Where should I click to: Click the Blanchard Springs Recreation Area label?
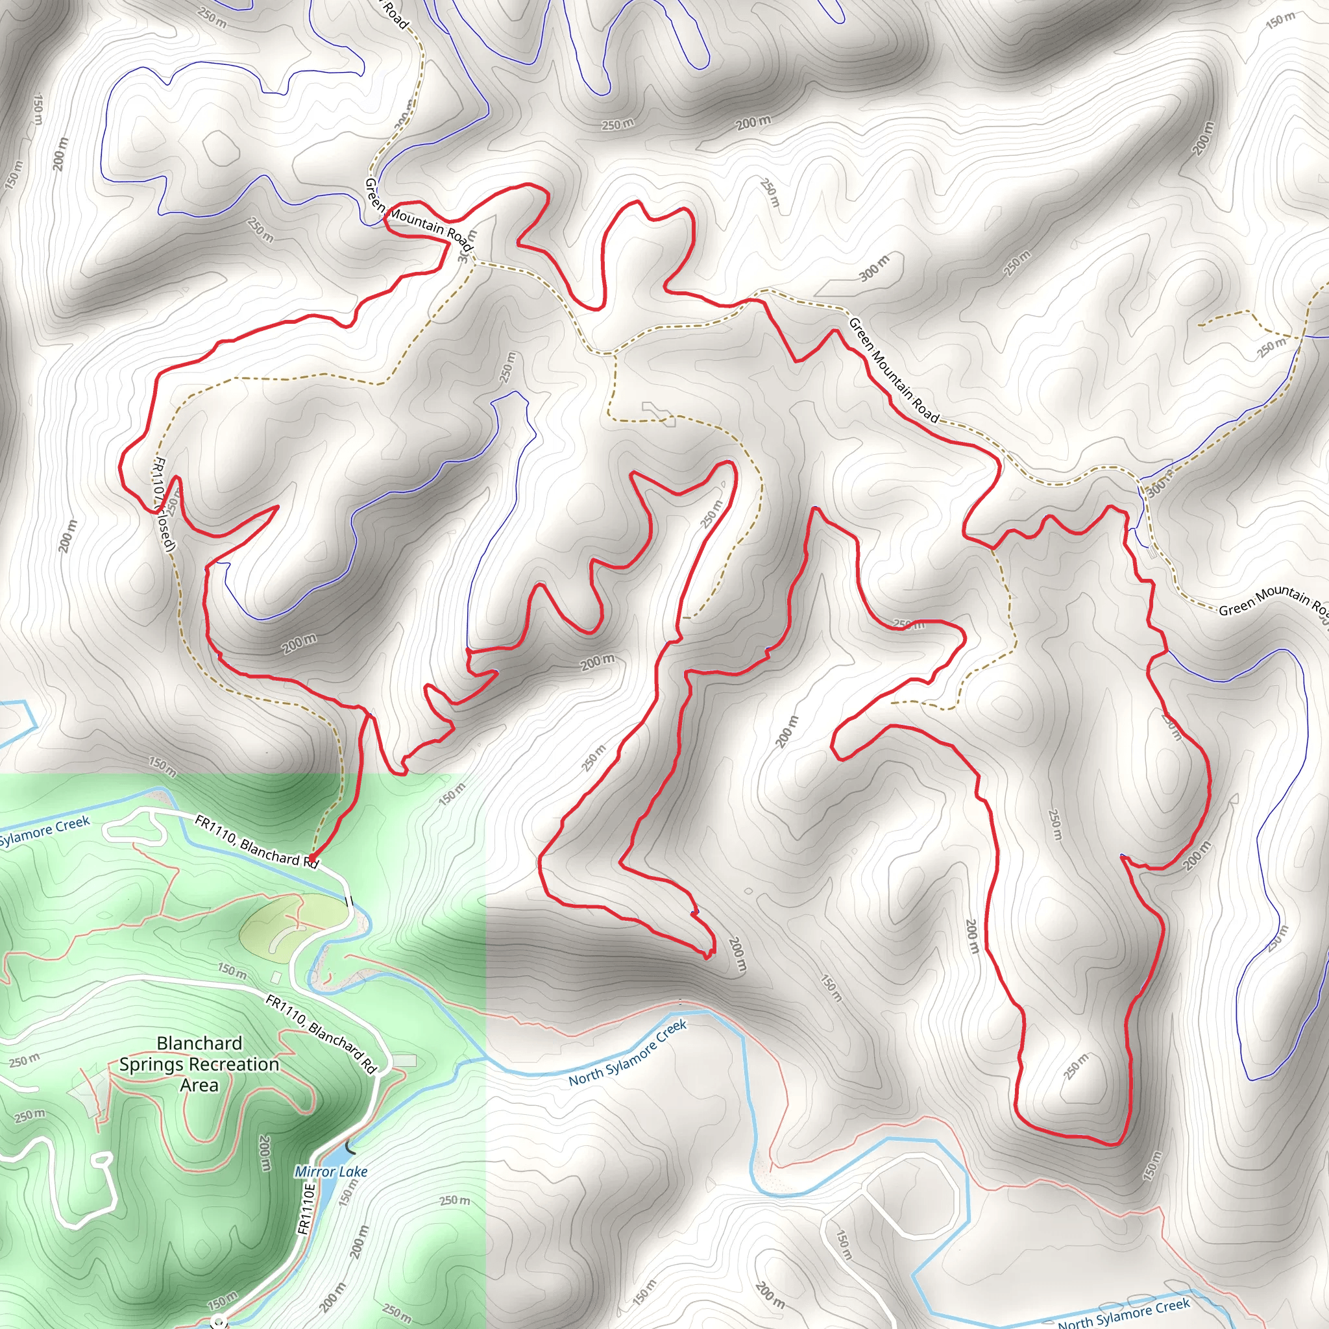[199, 1064]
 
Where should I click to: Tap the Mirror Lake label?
[331, 1171]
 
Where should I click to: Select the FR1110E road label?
[307, 1208]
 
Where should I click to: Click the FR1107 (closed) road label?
[164, 504]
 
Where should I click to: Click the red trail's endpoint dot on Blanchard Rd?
[311, 858]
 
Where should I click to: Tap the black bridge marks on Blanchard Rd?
[348, 901]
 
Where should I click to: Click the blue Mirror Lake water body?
[344, 1154]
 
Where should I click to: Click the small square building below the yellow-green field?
[276, 977]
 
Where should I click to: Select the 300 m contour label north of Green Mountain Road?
[874, 267]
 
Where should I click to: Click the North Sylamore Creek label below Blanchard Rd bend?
[628, 1053]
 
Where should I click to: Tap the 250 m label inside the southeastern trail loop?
[1076, 1066]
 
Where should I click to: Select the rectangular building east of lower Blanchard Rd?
[405, 1061]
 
